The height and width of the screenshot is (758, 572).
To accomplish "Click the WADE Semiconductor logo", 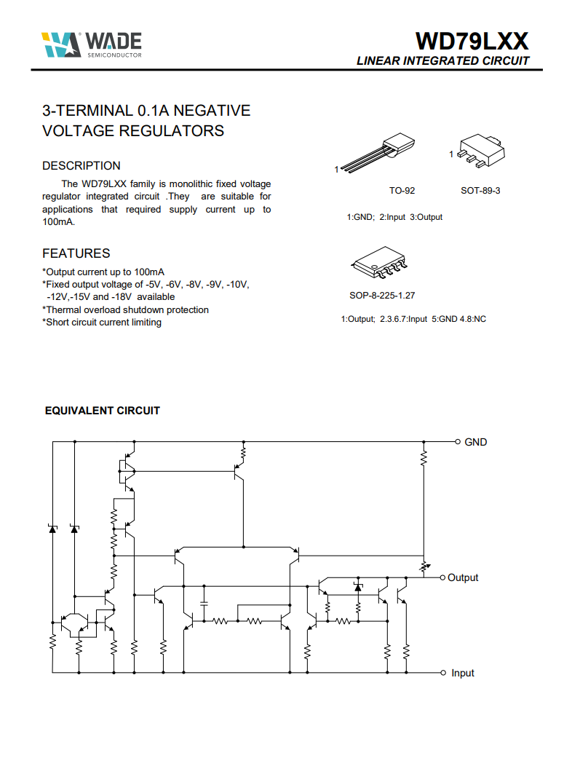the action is pyautogui.click(x=92, y=44).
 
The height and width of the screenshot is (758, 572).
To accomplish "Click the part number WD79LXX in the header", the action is pyautogui.click(x=472, y=41).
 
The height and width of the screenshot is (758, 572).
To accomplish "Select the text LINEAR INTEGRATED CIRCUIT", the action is pyautogui.click(x=443, y=61).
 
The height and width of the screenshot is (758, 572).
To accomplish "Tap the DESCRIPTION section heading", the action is pyautogui.click(x=82, y=166).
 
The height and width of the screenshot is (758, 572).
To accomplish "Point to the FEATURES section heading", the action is pyautogui.click(x=76, y=253).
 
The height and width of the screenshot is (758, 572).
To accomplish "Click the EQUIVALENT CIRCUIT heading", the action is pyautogui.click(x=103, y=411).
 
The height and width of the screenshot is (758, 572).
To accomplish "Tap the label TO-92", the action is pyautogui.click(x=402, y=191).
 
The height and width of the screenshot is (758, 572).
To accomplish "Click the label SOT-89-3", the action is pyautogui.click(x=480, y=191).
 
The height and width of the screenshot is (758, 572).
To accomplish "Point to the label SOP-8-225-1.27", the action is pyautogui.click(x=382, y=296).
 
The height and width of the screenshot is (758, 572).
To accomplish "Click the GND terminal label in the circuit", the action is pyautogui.click(x=475, y=442).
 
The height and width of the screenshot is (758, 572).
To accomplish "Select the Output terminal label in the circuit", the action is pyautogui.click(x=463, y=577).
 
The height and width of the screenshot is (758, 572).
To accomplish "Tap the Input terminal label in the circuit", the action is pyautogui.click(x=462, y=673).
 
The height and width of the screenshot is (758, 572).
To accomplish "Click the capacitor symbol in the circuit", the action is pyautogui.click(x=204, y=604).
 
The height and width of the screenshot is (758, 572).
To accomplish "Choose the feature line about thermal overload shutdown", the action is pyautogui.click(x=126, y=310).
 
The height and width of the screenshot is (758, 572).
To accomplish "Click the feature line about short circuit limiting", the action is pyautogui.click(x=102, y=323).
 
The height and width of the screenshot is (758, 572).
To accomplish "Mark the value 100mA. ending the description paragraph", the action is pyautogui.click(x=58, y=222).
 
